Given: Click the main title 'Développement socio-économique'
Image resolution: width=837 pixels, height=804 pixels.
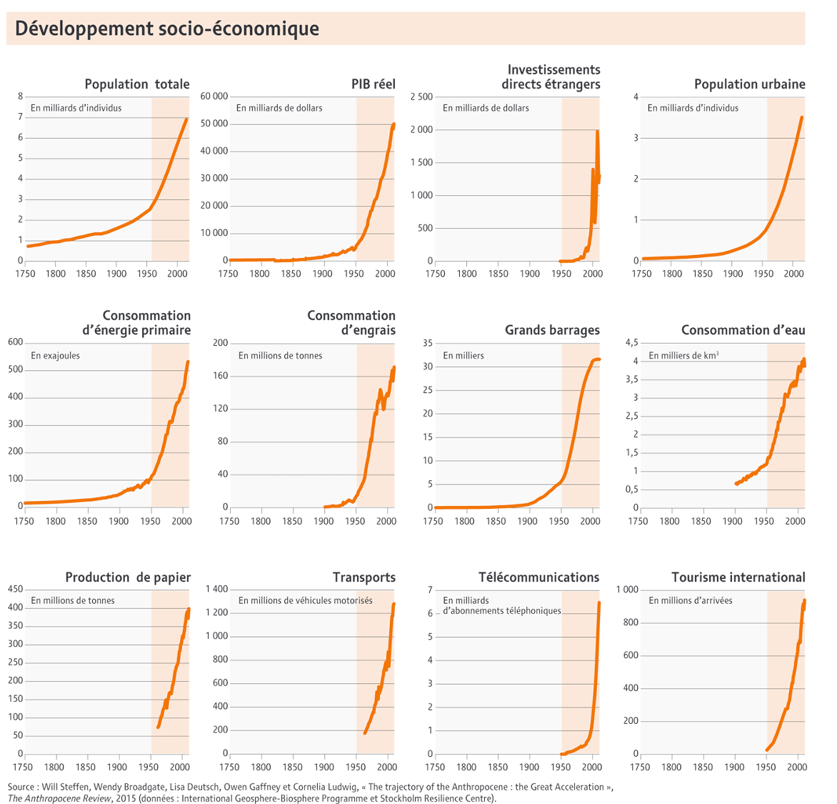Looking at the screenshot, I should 166,29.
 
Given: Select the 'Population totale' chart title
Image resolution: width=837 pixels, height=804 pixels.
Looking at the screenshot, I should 137,84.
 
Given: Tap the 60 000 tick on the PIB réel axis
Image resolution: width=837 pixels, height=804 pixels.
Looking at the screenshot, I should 214,96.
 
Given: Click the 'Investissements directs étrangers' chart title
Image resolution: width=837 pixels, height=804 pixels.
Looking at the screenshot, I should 551,77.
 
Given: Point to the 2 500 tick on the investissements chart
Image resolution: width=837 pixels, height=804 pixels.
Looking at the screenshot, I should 421,96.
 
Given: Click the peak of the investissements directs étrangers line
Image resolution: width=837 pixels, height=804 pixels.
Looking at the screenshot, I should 597,132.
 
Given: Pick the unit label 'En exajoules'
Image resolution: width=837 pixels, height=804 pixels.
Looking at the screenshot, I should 55,355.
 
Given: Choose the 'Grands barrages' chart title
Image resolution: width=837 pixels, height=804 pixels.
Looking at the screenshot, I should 552,330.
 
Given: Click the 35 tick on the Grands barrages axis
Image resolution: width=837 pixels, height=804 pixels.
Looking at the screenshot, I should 428,343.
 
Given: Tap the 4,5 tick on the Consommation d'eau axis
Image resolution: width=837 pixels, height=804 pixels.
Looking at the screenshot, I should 631,343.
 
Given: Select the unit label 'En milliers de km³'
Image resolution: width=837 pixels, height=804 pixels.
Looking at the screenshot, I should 683,355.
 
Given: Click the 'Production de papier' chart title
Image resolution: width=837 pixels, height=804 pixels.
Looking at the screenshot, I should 128,577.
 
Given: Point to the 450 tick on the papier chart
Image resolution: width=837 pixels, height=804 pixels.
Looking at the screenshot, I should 15,589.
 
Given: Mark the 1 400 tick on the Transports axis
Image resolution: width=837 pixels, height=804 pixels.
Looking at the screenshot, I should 216,589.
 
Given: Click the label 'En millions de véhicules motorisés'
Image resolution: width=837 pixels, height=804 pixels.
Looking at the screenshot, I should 305,600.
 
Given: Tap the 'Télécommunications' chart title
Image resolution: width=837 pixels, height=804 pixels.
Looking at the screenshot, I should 538,577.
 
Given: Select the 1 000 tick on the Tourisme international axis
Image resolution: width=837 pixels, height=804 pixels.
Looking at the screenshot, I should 627,589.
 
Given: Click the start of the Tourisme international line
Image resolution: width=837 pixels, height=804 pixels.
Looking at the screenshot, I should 766,750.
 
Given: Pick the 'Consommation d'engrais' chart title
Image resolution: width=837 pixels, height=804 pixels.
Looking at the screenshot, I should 351,323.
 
